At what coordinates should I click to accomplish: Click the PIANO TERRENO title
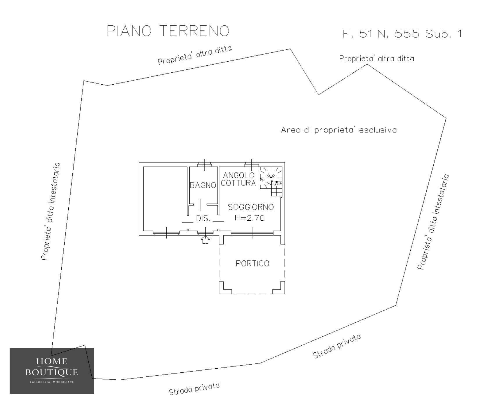[168, 31]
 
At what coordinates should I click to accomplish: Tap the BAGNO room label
[203, 185]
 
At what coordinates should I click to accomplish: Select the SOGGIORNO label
[251, 207]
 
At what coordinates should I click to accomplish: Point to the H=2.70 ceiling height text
[250, 218]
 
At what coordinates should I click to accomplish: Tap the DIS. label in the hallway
[203, 219]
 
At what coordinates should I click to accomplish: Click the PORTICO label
[252, 263]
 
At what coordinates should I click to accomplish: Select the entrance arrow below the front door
[206, 240]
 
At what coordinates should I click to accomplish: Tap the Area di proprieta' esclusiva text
[339, 130]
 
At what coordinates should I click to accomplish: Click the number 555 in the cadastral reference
[407, 34]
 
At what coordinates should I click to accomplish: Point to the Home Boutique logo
[52, 371]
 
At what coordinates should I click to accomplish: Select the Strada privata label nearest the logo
[194, 389]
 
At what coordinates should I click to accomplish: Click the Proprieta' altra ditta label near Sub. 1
[377, 59]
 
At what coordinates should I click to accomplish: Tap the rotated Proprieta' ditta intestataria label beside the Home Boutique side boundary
[51, 211]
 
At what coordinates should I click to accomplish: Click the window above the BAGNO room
[205, 165]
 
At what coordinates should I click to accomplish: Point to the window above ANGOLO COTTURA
[252, 165]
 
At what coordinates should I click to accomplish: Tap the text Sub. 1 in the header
[443, 34]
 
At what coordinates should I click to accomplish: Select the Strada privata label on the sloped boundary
[337, 346]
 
